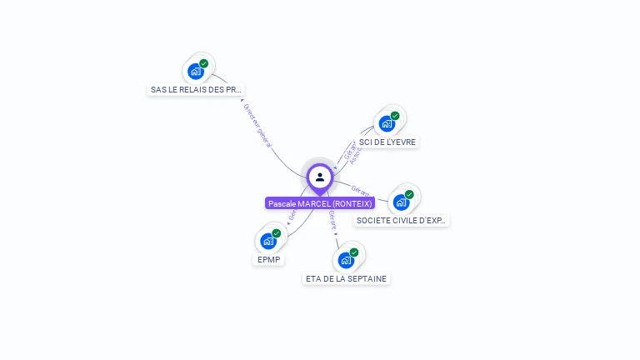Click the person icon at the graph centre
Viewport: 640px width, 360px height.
click(320, 177)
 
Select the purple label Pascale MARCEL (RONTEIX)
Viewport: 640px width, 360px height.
click(320, 203)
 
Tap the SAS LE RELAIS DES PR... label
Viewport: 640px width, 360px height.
click(197, 89)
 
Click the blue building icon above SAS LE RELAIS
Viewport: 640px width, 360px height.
click(196, 71)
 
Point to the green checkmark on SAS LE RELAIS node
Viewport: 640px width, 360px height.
click(204, 63)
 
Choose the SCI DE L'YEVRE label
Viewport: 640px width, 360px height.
click(387, 142)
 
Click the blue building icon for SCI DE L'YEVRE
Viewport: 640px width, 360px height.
click(387, 123)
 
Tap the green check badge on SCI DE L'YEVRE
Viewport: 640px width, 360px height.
click(395, 116)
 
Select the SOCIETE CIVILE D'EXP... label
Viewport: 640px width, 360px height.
click(402, 221)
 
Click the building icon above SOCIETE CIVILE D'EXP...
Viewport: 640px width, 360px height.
click(401, 202)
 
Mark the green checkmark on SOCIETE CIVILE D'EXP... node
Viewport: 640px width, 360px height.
click(409, 194)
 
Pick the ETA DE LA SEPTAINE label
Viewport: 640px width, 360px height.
click(346, 278)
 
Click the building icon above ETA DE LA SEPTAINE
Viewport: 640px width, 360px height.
click(346, 260)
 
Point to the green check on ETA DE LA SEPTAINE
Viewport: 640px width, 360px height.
click(354, 252)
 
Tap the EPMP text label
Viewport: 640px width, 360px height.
click(268, 259)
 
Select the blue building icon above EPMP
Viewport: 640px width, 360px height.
click(268, 241)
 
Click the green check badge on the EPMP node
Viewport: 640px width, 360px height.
click(277, 233)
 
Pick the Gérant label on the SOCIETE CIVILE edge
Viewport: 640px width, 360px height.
click(361, 189)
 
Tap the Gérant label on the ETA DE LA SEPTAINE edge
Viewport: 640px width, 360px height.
click(332, 220)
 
